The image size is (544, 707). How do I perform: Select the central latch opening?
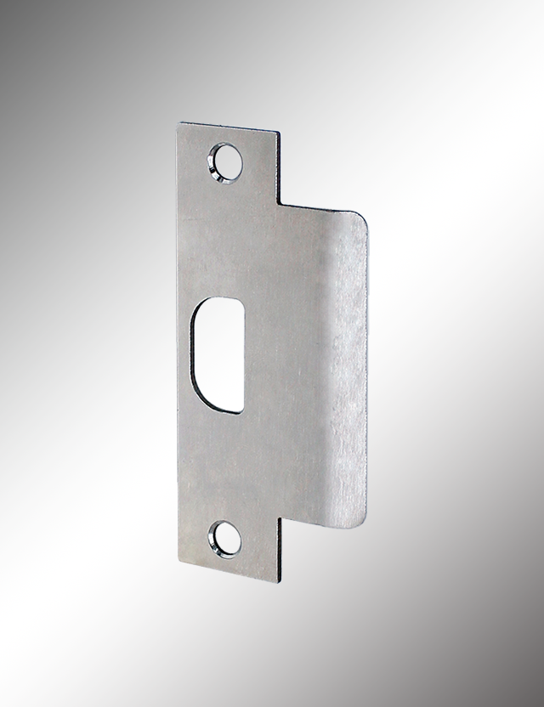coord(218,353)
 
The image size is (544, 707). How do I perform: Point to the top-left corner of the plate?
coord(178,124)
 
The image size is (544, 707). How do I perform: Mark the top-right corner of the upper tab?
coord(276,133)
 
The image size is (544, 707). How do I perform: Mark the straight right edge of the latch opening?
coord(244,357)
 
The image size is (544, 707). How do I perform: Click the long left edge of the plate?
coord(178,340)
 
